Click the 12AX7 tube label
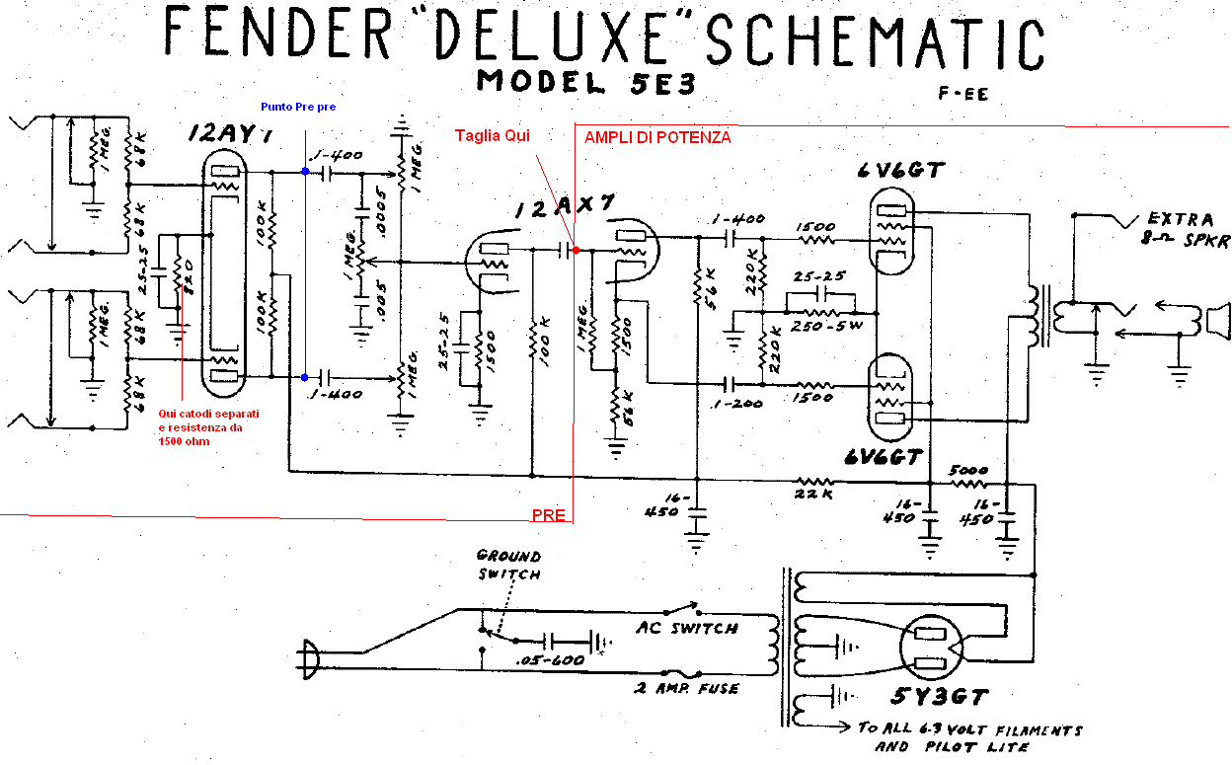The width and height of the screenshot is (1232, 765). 564,206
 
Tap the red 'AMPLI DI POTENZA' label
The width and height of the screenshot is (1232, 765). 657,138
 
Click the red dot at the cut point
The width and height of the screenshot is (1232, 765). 576,251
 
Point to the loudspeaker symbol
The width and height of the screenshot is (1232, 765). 1213,323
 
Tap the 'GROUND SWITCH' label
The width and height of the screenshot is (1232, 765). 508,565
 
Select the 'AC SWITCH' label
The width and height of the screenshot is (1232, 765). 686,628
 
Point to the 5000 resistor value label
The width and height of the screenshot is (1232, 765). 967,470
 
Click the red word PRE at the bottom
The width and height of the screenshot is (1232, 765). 548,515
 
